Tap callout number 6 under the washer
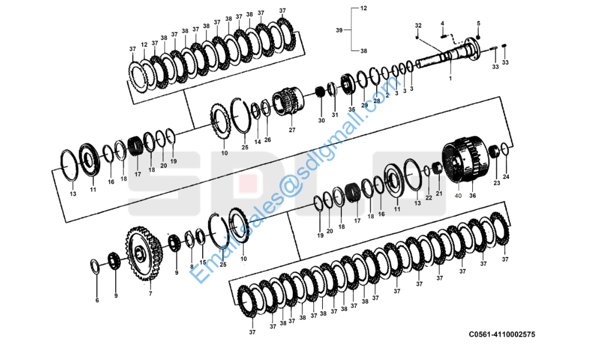pyautogui.click(x=97, y=300)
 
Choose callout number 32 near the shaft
pyautogui.click(x=418, y=25)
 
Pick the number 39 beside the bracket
pyautogui.click(x=339, y=30)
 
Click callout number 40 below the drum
pyautogui.click(x=458, y=195)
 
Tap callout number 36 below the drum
pyautogui.click(x=472, y=195)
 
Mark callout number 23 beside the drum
pyautogui.click(x=497, y=182)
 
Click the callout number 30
pyautogui.click(x=321, y=120)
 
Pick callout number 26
pyautogui.click(x=268, y=140)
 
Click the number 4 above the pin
pyautogui.click(x=443, y=23)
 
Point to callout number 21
pyautogui.click(x=439, y=193)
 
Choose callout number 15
pyautogui.click(x=202, y=262)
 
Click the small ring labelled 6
pyautogui.click(x=95, y=265)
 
